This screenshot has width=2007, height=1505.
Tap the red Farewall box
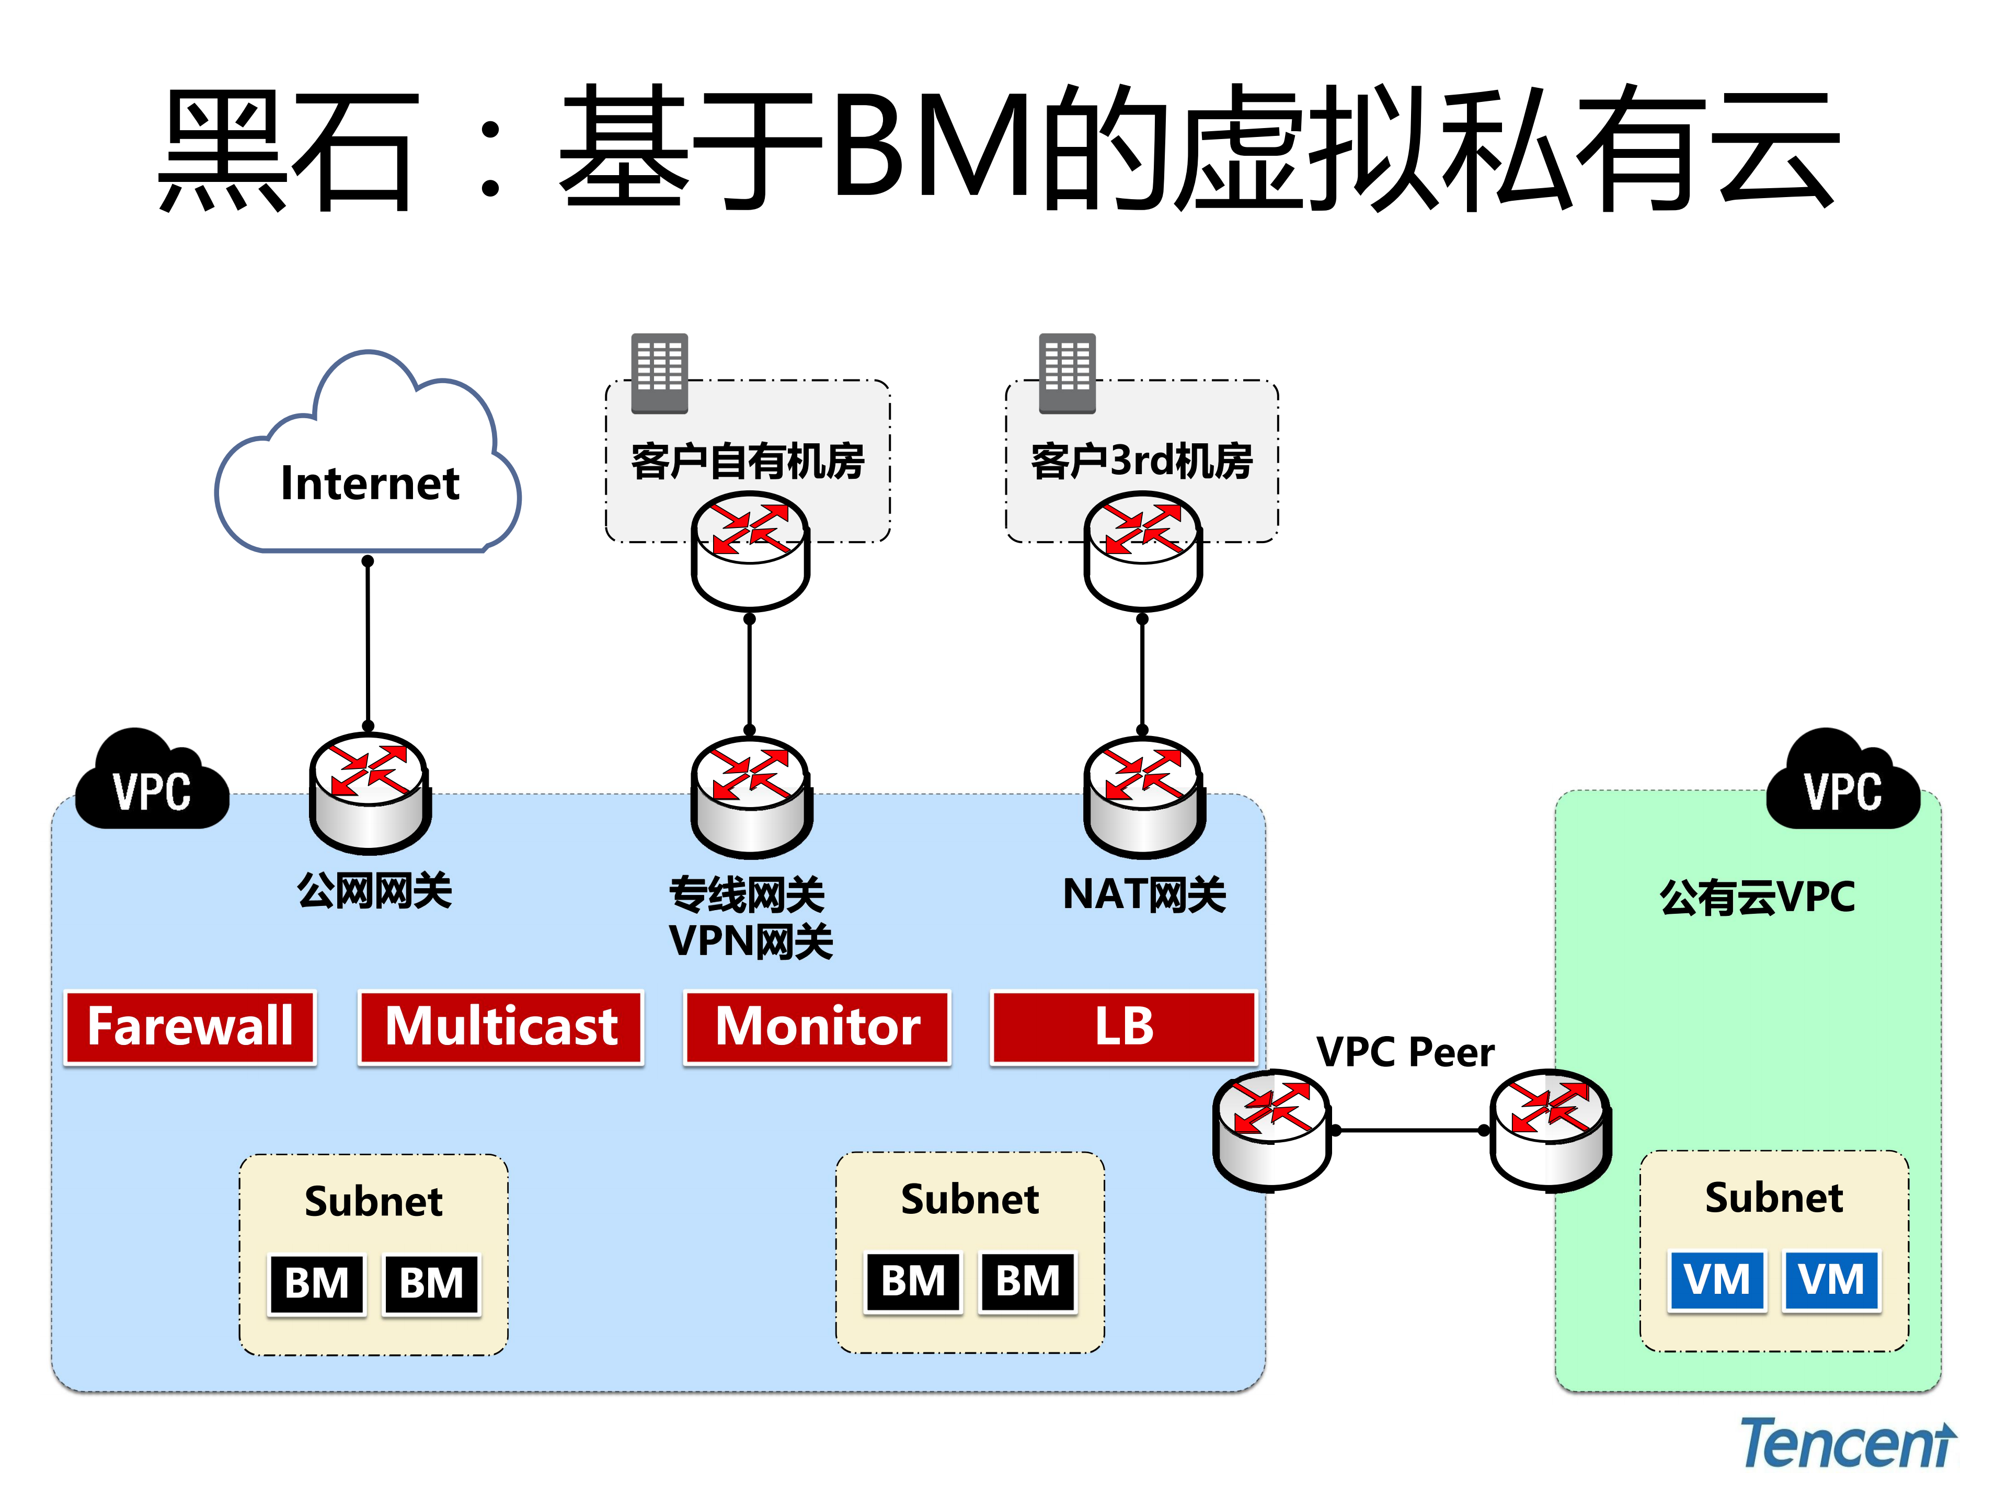coord(190,1027)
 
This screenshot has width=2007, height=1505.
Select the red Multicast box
coord(501,1027)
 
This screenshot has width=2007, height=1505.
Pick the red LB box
coord(1123,1027)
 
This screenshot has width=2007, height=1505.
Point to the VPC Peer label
coord(1405,1052)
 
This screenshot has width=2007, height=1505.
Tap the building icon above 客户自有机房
coord(660,373)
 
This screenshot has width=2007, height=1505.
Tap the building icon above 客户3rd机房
coord(1067,373)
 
